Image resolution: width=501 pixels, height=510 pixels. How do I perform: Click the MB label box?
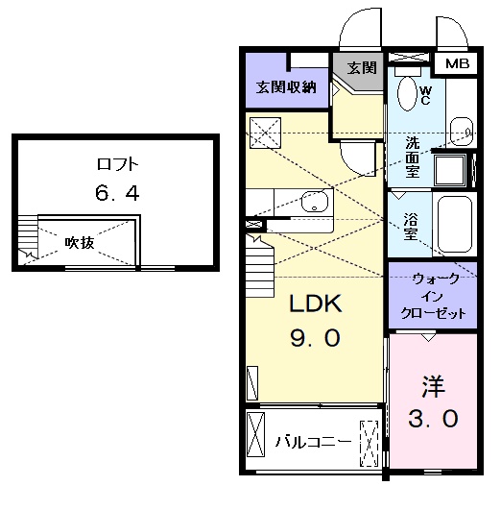click(457, 64)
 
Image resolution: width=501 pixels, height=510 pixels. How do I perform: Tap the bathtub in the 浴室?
click(454, 224)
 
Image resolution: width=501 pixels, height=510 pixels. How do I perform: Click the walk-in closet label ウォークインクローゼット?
click(429, 297)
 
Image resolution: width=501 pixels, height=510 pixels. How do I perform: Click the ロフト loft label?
click(117, 164)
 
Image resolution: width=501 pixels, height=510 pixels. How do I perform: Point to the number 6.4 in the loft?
click(117, 193)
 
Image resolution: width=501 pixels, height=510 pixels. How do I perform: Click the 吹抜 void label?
click(80, 243)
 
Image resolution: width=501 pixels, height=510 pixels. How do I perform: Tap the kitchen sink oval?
click(313, 203)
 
